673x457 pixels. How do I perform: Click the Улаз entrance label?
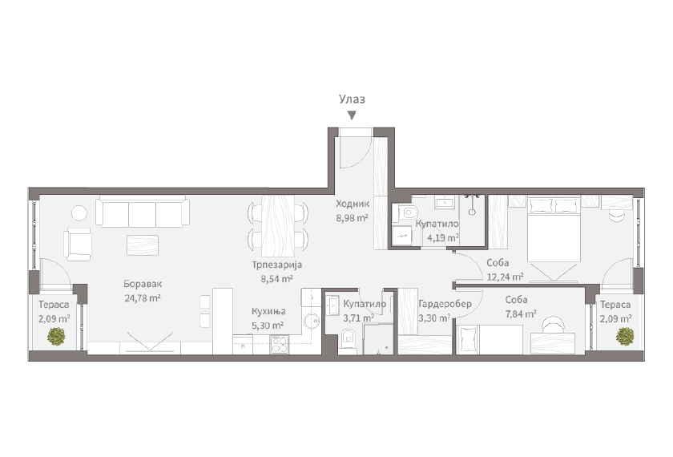point(352,99)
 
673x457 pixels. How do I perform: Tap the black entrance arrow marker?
point(352,115)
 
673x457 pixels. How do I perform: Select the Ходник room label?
point(353,204)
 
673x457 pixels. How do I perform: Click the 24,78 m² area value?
point(143,297)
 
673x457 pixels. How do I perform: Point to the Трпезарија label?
point(277,265)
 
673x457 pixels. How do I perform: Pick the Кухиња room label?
point(268,311)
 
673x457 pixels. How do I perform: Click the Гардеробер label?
point(445,304)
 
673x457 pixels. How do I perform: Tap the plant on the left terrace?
point(56,336)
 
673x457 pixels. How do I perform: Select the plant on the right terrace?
point(625,336)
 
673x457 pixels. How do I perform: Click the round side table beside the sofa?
point(79,213)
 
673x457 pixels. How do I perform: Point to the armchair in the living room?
point(78,244)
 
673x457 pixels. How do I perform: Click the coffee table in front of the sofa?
point(143,245)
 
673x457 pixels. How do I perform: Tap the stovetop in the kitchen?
point(279,345)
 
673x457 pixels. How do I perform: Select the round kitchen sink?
point(311,320)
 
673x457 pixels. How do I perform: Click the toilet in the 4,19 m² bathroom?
point(407,212)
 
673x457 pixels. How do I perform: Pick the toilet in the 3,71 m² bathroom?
point(348,339)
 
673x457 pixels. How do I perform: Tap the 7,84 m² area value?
point(521,314)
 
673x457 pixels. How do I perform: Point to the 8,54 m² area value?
point(277,279)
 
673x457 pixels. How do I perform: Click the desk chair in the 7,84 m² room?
point(554,324)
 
